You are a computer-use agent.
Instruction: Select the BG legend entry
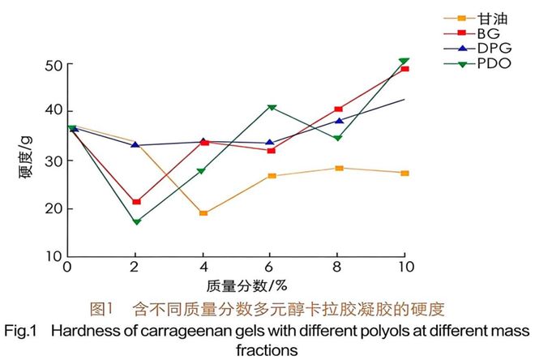(486, 33)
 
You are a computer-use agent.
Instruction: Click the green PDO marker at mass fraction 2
(136, 221)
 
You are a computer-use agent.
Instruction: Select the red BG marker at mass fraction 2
(136, 201)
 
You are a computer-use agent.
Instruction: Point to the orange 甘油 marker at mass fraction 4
(203, 213)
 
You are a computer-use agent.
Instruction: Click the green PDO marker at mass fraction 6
(272, 107)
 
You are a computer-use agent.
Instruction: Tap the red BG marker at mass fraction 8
(339, 109)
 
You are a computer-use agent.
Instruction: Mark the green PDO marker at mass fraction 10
(404, 61)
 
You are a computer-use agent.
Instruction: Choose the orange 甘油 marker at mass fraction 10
(404, 173)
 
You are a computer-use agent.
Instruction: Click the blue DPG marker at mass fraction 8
(339, 121)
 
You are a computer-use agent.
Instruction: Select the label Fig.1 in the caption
(22, 332)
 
